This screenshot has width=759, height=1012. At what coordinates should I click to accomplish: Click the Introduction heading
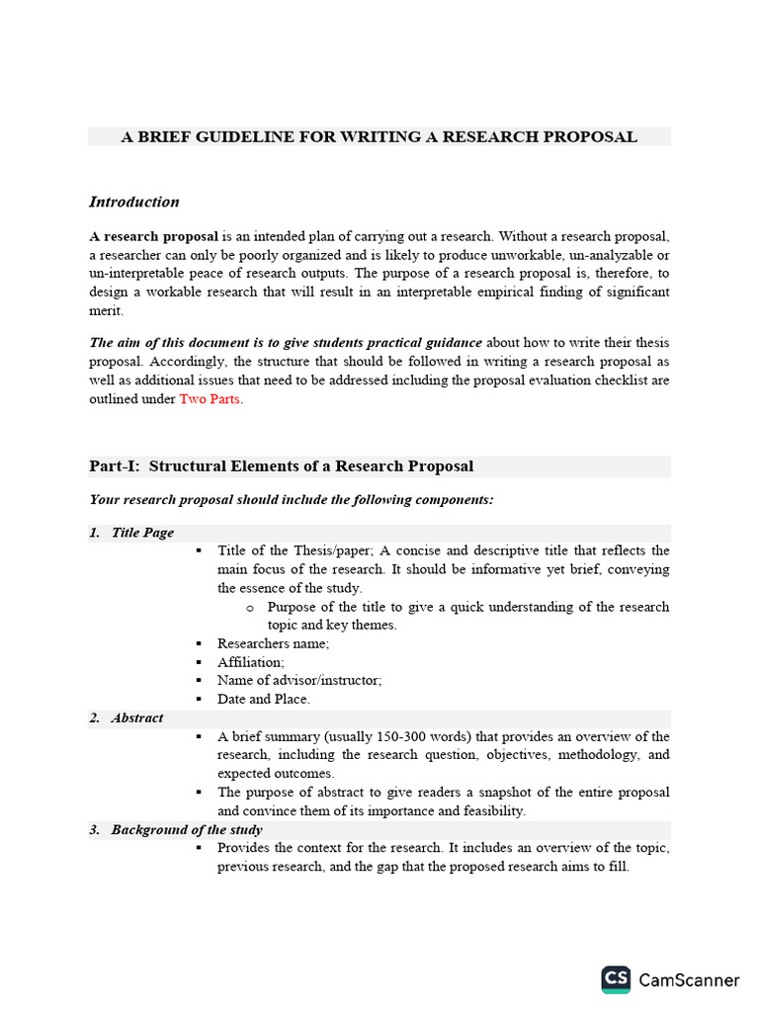click(x=134, y=202)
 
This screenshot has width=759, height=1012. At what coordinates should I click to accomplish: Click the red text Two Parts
click(x=210, y=399)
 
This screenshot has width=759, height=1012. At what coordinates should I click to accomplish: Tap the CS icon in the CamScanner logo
click(x=616, y=979)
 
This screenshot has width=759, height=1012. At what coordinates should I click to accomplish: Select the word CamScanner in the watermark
click(x=689, y=980)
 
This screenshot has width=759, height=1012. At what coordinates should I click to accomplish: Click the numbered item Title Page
click(x=142, y=533)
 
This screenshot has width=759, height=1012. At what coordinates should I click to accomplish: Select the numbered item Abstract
click(x=137, y=717)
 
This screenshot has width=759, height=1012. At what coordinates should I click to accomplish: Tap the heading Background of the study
click(x=186, y=830)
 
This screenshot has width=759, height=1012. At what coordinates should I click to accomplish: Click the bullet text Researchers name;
click(x=274, y=643)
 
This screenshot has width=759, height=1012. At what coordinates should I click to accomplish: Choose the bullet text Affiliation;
click(x=251, y=662)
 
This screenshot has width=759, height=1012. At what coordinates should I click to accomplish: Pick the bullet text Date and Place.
click(x=264, y=699)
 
